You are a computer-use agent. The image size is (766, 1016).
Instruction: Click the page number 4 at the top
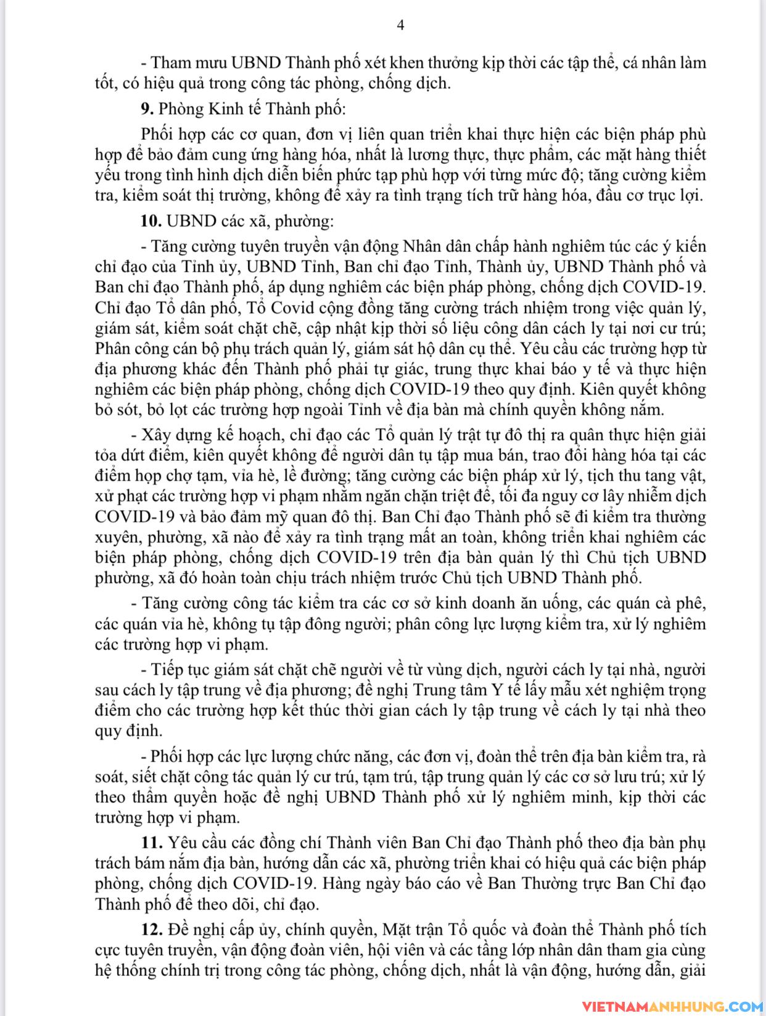pyautogui.click(x=400, y=25)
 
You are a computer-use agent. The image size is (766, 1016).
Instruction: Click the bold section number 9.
pyautogui.click(x=147, y=108)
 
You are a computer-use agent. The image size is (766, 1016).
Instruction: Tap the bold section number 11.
pyautogui.click(x=152, y=842)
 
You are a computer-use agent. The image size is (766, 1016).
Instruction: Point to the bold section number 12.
pyautogui.click(x=152, y=929)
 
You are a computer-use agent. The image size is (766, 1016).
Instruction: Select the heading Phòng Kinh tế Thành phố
pyautogui.click(x=253, y=108)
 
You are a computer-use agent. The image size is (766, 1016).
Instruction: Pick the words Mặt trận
pyautogui.click(x=413, y=929)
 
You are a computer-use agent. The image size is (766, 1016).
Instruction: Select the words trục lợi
pyautogui.click(x=673, y=196)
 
